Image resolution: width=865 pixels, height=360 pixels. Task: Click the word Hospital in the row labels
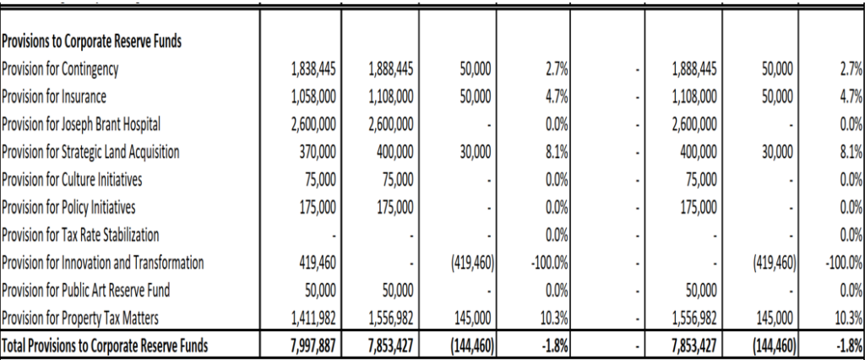point(139,124)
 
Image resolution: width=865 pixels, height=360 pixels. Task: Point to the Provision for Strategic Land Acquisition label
point(90,152)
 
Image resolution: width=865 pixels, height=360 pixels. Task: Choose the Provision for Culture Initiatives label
point(72,179)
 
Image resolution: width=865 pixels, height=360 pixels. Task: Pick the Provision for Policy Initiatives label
point(68,207)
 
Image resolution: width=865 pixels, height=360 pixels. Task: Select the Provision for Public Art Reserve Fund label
point(86,290)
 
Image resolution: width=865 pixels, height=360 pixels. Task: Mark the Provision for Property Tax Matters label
point(80,318)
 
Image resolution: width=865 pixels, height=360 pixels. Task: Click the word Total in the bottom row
point(16,345)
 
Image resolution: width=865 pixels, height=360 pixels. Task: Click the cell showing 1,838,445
point(313,68)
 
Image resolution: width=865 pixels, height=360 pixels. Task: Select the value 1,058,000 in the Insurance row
point(313,96)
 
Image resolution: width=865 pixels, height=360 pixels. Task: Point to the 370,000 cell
point(318,152)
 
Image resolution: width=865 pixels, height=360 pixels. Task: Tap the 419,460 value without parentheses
point(318,263)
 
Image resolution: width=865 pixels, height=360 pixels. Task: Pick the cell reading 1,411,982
point(313,318)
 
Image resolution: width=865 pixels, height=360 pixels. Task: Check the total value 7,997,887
point(313,345)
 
